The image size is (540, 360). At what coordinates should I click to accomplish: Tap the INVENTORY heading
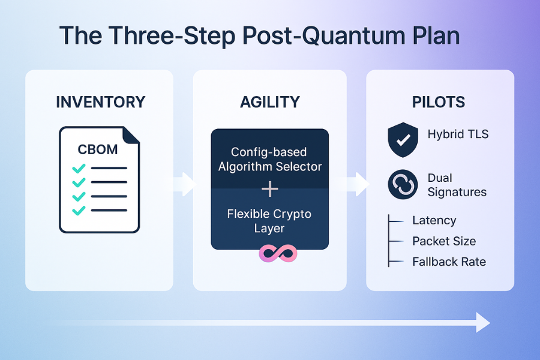tap(100, 102)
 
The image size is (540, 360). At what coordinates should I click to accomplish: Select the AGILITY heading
tap(269, 102)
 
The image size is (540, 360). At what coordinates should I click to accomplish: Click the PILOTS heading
tap(438, 102)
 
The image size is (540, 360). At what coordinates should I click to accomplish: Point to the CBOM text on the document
tap(98, 149)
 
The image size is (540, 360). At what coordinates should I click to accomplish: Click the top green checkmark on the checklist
tap(79, 169)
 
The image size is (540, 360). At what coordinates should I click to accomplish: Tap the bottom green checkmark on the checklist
tap(79, 210)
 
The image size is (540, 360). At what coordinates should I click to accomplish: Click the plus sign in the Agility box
tap(270, 190)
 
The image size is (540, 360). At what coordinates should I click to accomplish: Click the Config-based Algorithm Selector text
tap(270, 160)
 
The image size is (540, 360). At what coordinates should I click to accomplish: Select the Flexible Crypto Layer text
tap(270, 221)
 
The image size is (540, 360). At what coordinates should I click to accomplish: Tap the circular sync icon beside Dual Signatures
tap(403, 185)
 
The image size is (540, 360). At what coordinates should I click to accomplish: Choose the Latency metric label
tap(434, 221)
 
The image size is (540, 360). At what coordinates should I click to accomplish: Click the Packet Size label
tap(444, 241)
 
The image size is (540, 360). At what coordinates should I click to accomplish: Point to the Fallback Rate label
tap(449, 262)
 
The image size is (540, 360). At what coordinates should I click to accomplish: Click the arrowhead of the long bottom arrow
tap(483, 322)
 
